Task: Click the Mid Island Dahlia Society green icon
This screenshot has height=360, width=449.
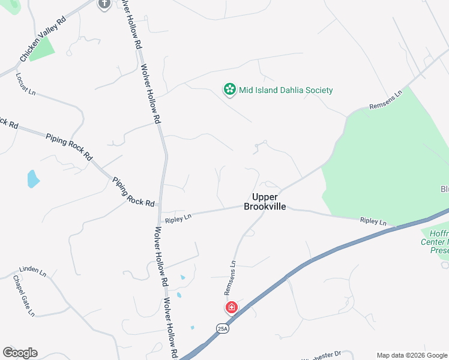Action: pos(229,90)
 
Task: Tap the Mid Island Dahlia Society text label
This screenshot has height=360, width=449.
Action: pos(286,91)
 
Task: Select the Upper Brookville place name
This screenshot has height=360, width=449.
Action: pos(265,202)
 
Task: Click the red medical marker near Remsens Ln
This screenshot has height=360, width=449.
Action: pos(231,308)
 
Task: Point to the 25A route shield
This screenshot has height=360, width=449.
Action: pos(223,328)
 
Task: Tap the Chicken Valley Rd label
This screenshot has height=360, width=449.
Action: pos(43,41)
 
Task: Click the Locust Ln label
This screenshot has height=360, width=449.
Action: pos(26,85)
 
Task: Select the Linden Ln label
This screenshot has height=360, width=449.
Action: pos(32,271)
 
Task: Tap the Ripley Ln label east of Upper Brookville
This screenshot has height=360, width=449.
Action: pos(373,221)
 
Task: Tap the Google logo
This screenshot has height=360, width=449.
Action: pos(20,353)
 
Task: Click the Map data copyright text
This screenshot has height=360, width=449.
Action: pos(411,355)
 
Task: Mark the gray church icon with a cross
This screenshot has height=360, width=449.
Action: pos(104,4)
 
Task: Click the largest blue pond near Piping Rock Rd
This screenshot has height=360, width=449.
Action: pos(33,178)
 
